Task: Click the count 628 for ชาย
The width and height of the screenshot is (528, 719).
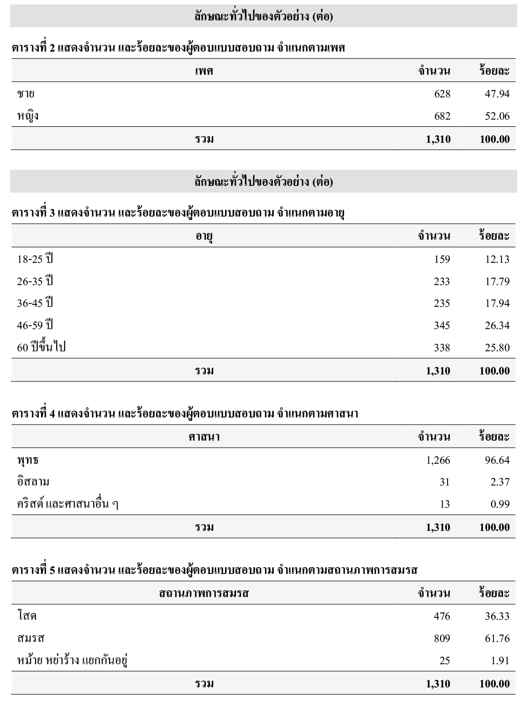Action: point(442,94)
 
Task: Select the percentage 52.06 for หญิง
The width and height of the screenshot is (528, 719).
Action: point(497,116)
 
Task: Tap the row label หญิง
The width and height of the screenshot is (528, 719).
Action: point(28,116)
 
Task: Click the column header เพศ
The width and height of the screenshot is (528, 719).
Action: point(204,71)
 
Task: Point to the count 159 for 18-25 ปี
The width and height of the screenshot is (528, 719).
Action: point(442,260)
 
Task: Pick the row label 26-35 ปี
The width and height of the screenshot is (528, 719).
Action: point(35,281)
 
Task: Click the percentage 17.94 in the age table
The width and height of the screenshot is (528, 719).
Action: point(497,303)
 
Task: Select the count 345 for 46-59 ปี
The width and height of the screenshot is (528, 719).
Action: point(442,326)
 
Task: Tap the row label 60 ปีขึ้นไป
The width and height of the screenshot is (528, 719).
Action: point(41,347)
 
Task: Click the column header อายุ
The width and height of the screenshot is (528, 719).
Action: point(204,236)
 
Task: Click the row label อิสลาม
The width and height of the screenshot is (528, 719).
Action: point(33,482)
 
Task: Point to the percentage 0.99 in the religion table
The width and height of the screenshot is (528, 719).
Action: point(500,504)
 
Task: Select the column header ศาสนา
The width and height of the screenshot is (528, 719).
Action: point(204,437)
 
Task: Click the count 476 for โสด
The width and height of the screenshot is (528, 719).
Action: point(442,616)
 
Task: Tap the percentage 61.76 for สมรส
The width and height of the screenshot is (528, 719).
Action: point(497,639)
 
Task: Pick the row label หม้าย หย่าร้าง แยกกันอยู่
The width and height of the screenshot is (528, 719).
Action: point(73,660)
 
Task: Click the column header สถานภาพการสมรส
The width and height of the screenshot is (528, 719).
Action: point(204,593)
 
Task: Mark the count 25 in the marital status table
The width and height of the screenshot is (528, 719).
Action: point(444,660)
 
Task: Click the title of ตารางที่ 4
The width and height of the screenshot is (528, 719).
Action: point(185,414)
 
